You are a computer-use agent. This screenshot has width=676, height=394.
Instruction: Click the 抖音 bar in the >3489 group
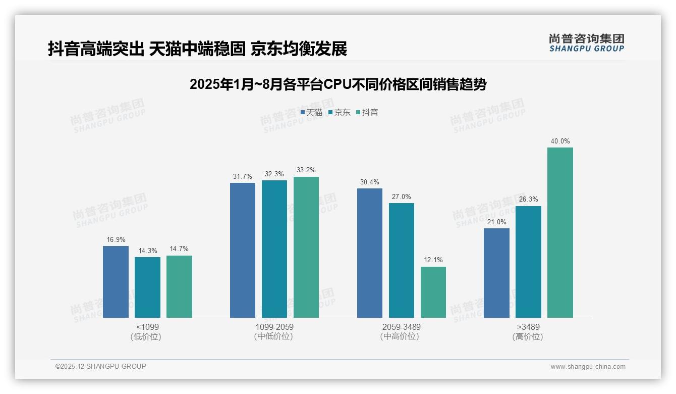[x=560, y=232]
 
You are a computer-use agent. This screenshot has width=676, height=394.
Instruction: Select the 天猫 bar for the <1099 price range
[x=116, y=282]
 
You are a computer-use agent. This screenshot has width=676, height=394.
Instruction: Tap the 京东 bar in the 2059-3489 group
[x=402, y=260]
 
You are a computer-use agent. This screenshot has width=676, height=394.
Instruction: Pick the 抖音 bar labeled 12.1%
[x=433, y=292]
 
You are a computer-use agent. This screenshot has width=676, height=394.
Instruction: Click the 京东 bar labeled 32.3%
[x=274, y=249]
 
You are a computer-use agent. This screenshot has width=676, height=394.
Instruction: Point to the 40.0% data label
[x=560, y=141]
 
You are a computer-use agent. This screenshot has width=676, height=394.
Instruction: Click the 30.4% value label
[x=370, y=182]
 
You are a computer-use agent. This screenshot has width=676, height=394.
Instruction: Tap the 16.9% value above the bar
[x=116, y=240]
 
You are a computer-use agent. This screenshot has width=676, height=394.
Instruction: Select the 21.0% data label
[x=496, y=222]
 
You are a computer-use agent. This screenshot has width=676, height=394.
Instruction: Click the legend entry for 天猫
[x=311, y=113]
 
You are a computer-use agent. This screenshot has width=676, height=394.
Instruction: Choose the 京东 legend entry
[x=340, y=113]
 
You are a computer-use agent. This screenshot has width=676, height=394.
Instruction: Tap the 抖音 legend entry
[x=367, y=113]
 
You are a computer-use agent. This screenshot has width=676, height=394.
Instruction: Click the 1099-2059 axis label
[x=274, y=327]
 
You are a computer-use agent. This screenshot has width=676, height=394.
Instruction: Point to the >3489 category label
[x=528, y=327]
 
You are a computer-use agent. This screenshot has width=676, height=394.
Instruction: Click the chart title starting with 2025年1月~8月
[x=338, y=84]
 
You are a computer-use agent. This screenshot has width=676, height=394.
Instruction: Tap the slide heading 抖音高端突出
[x=197, y=49]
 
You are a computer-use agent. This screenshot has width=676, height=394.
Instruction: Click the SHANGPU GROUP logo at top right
[x=586, y=43]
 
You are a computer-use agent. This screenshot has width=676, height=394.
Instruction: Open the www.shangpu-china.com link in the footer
[x=588, y=367]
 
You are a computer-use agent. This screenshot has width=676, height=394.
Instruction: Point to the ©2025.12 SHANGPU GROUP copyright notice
[x=101, y=366]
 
